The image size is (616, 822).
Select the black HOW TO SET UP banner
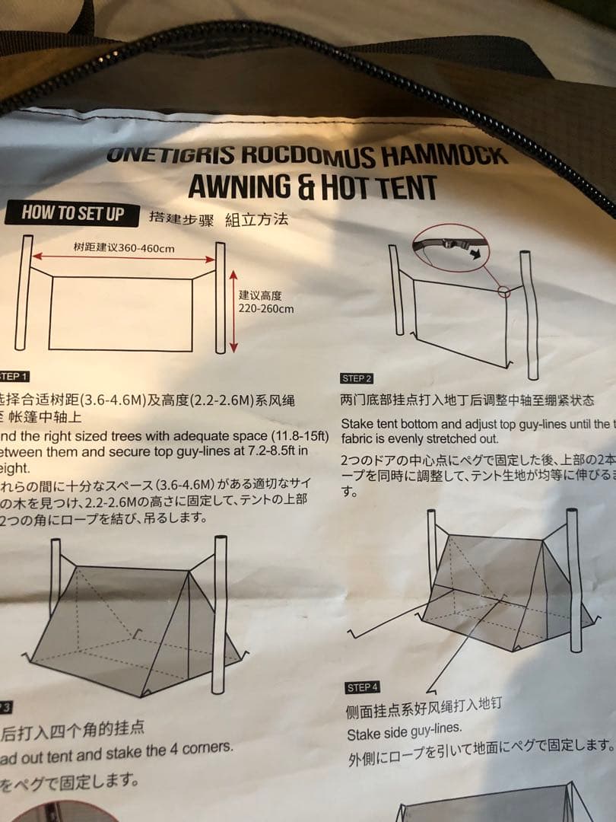[x=73, y=212]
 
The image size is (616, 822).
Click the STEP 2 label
[x=357, y=378]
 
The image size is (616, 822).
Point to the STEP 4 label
[x=362, y=687]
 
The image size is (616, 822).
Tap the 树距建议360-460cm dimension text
[x=124, y=248]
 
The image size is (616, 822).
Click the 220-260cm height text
[x=266, y=309]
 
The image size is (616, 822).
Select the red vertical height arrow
[x=233, y=310]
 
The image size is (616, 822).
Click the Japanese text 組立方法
[x=256, y=220]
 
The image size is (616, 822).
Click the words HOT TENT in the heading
[x=379, y=186]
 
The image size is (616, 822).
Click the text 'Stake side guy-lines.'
[x=404, y=733]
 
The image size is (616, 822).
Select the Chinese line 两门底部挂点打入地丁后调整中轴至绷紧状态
[x=467, y=400]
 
